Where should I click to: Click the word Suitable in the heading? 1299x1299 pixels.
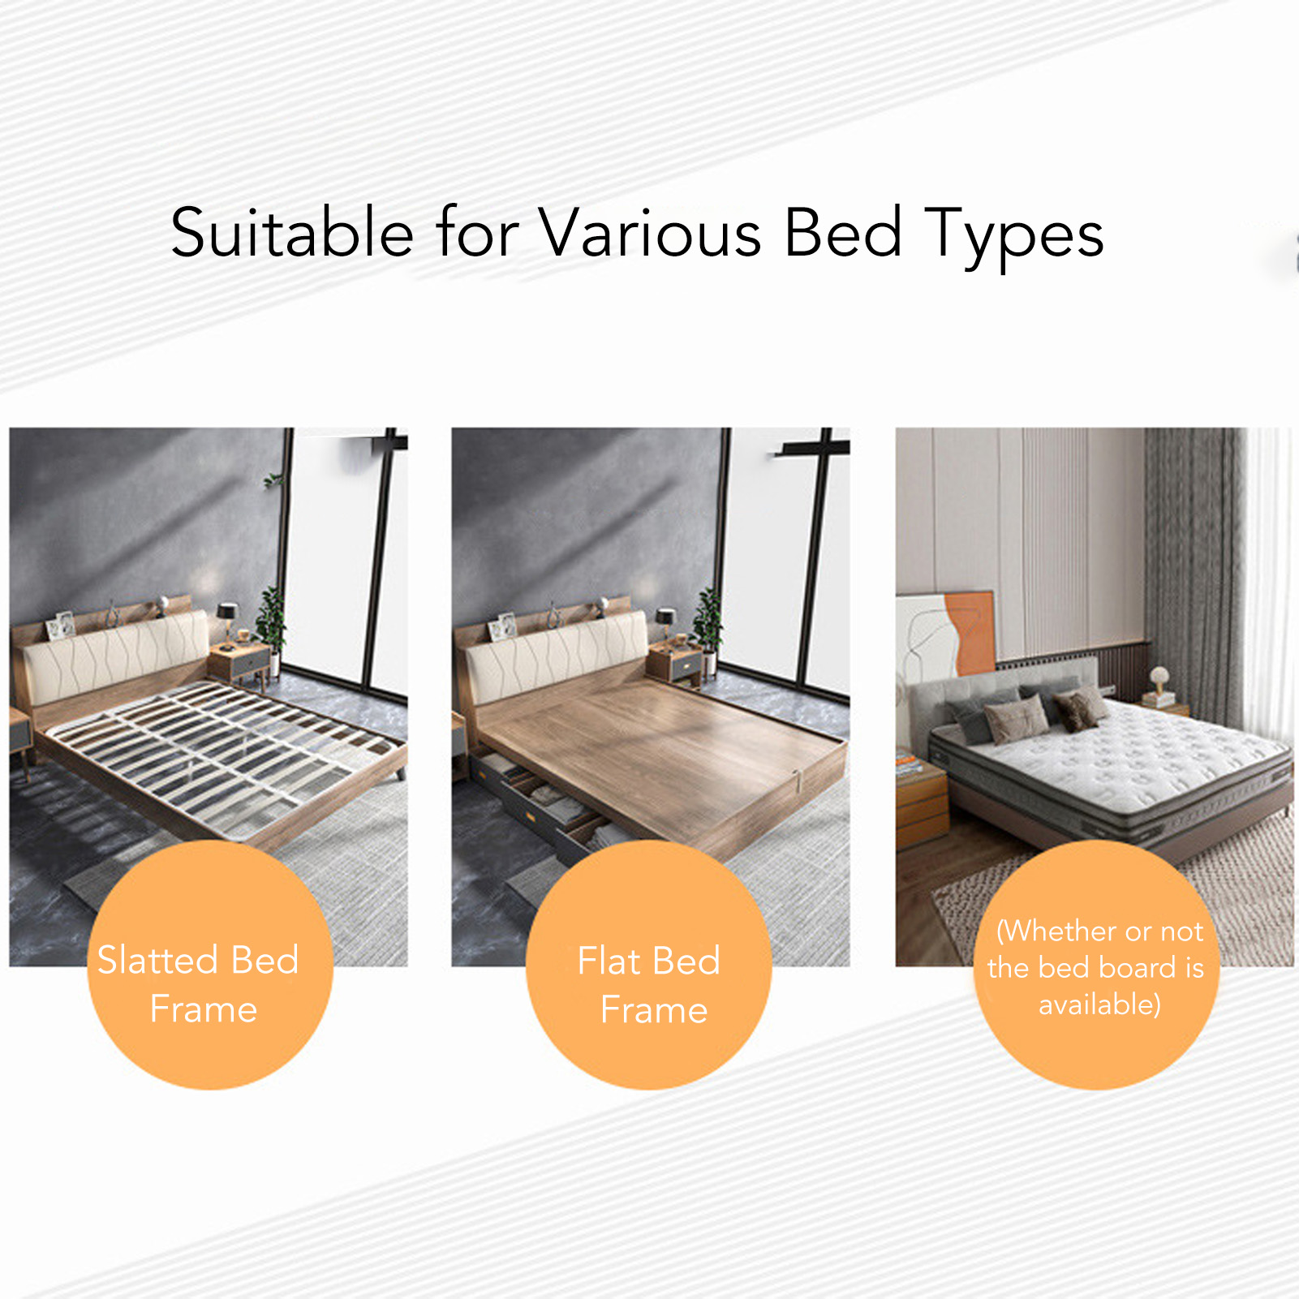(x=292, y=233)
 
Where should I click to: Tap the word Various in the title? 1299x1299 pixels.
(x=651, y=233)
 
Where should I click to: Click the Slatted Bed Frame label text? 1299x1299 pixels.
(x=200, y=984)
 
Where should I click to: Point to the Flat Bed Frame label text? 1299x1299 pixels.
(x=650, y=985)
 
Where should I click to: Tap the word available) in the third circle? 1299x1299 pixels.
(x=1099, y=1004)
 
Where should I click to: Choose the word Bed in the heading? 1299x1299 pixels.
(x=844, y=233)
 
